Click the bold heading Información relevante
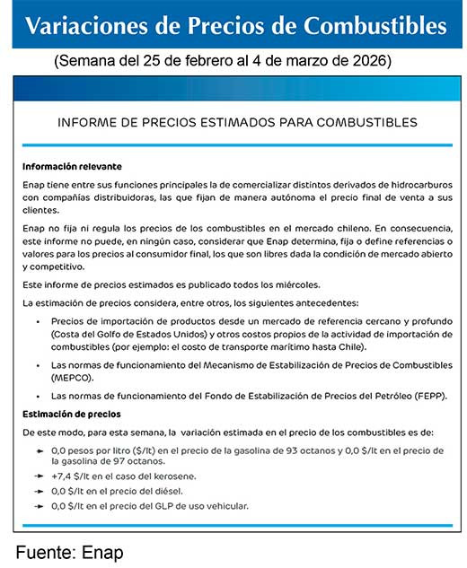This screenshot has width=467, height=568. (x=72, y=166)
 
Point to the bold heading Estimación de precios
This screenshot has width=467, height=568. (x=71, y=414)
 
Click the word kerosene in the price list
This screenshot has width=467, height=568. (x=174, y=476)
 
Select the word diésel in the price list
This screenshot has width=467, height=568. (x=164, y=491)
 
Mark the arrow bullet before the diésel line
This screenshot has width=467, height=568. (x=40, y=491)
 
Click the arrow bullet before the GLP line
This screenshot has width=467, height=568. (x=40, y=506)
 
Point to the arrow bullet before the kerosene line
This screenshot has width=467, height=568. (x=40, y=476)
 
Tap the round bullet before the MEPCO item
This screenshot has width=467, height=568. (x=38, y=366)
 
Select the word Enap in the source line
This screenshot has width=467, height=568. (x=102, y=551)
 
